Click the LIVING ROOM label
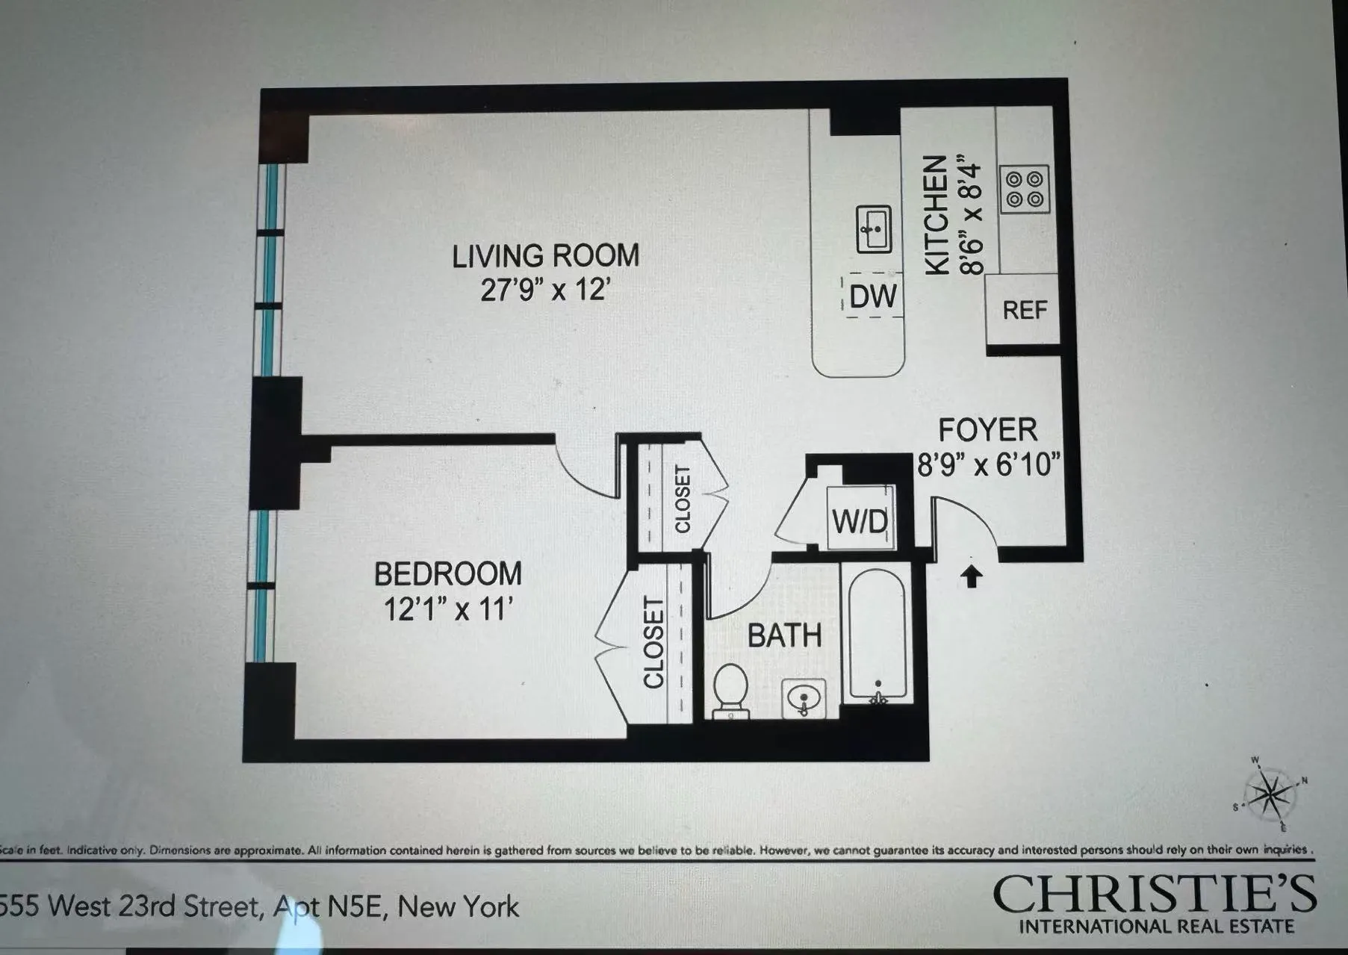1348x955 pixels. tap(545, 255)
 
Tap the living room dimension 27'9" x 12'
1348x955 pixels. tap(545, 290)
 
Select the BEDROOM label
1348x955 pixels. tap(447, 574)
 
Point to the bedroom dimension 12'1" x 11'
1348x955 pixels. tap(447, 609)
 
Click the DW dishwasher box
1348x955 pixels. tap(873, 296)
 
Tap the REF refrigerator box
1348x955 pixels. tap(1024, 309)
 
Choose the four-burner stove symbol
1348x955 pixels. tap(1024, 189)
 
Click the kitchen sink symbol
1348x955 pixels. tap(873, 229)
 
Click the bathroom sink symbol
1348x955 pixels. tap(804, 699)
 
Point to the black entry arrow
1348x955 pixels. tap(971, 576)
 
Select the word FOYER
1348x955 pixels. tap(987, 431)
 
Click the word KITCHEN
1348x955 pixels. tap(937, 216)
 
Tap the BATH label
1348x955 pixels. tap(784, 636)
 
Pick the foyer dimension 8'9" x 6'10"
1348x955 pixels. tap(988, 465)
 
